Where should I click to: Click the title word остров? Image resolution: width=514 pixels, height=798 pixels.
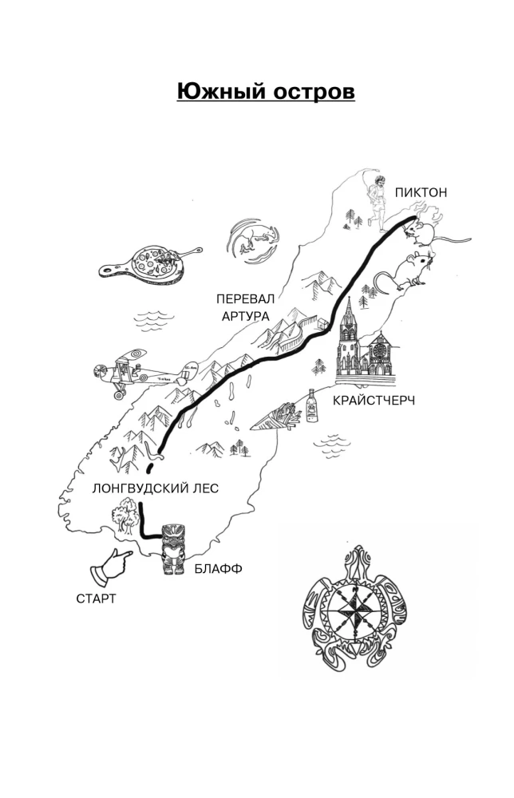pyautogui.click(x=314, y=92)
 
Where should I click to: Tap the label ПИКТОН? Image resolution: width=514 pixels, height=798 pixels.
pyautogui.click(x=421, y=192)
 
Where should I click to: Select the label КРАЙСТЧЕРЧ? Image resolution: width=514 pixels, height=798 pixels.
pyautogui.click(x=374, y=400)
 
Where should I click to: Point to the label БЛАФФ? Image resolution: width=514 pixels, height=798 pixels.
pyautogui.click(x=218, y=568)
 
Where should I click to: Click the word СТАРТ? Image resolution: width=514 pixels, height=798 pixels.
pyautogui.click(x=97, y=598)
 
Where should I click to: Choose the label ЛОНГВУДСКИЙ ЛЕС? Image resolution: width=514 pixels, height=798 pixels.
pyautogui.click(x=155, y=488)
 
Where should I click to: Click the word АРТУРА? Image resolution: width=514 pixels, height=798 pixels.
pyautogui.click(x=245, y=316)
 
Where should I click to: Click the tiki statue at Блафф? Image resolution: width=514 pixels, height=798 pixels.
pyautogui.click(x=173, y=550)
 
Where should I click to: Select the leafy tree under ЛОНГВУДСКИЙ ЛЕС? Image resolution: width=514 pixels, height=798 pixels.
pyautogui.click(x=125, y=515)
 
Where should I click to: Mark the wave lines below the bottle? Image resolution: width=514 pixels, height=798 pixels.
pyautogui.click(x=332, y=446)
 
